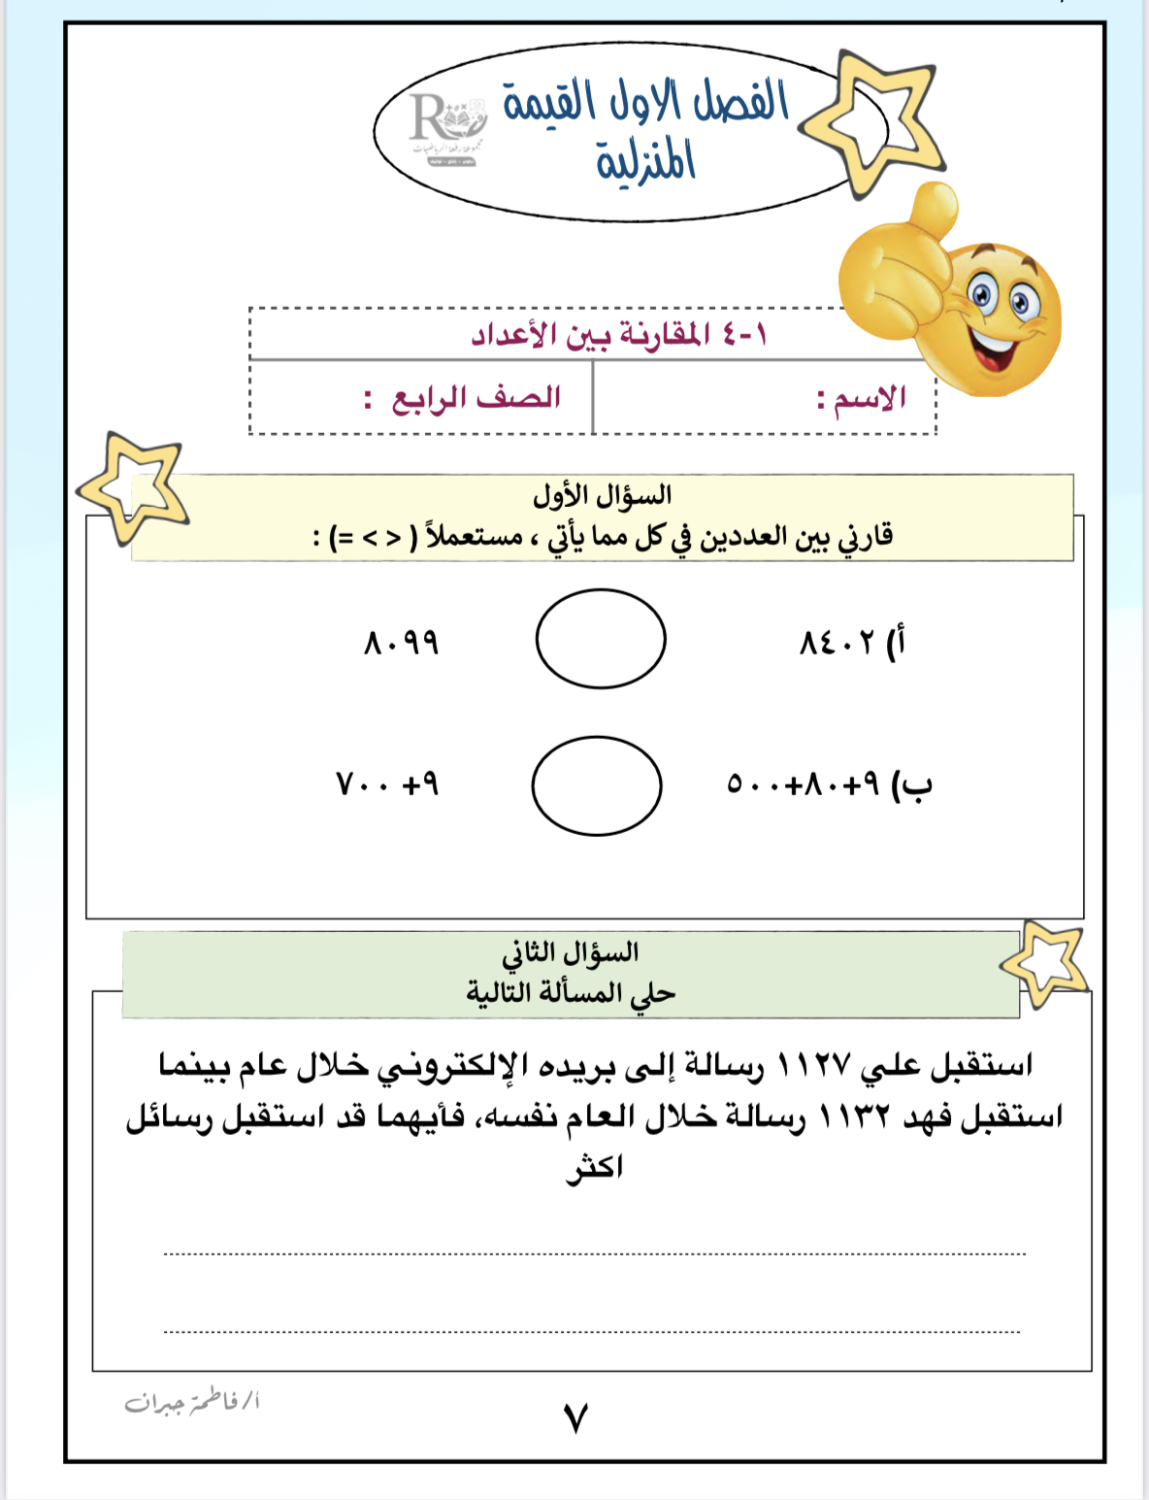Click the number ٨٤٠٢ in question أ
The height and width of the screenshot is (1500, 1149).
[x=837, y=643]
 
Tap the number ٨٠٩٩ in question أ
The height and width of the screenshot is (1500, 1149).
[x=402, y=643]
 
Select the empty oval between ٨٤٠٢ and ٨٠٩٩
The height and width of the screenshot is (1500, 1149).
[x=601, y=639]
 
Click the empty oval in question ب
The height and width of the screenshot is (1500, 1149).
[x=597, y=785]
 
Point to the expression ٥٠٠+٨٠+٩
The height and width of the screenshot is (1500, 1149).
[x=804, y=783]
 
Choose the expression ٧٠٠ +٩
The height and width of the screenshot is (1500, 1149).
[x=387, y=783]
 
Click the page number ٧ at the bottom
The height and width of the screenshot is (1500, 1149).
[x=575, y=1418]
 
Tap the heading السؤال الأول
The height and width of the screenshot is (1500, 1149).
[x=602, y=496]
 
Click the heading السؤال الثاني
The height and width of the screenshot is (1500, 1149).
[x=571, y=952]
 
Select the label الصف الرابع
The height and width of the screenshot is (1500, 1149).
[x=476, y=398]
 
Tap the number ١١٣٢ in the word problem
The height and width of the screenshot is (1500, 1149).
[x=854, y=1117]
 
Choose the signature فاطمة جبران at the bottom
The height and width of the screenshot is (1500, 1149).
[x=192, y=1403]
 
